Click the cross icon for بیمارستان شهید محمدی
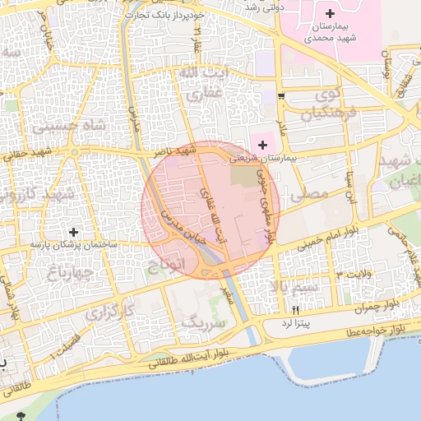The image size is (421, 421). (x=330, y=13)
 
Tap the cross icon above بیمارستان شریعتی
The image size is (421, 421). (x=262, y=145)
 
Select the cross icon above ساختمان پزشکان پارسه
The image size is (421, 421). (x=75, y=233)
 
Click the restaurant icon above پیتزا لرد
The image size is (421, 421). (x=295, y=310)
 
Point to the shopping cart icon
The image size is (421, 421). (x=281, y=97)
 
